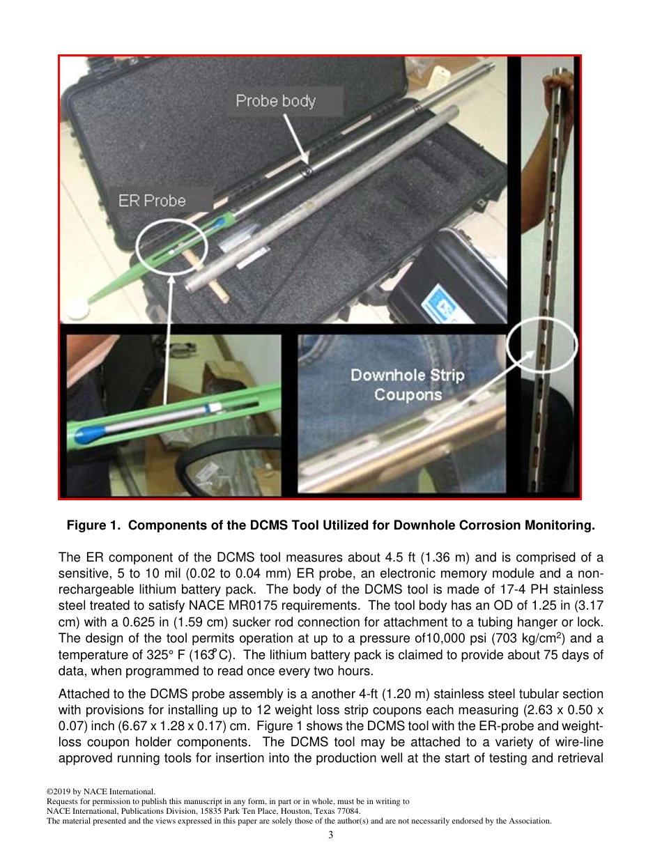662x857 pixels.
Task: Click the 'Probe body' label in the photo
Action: coord(276,102)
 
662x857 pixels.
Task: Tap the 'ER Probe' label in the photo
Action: coord(152,201)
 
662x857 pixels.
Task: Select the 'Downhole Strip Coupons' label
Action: coord(407,385)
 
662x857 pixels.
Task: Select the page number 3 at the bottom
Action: coord(331,835)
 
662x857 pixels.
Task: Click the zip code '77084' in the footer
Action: coord(346,811)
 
